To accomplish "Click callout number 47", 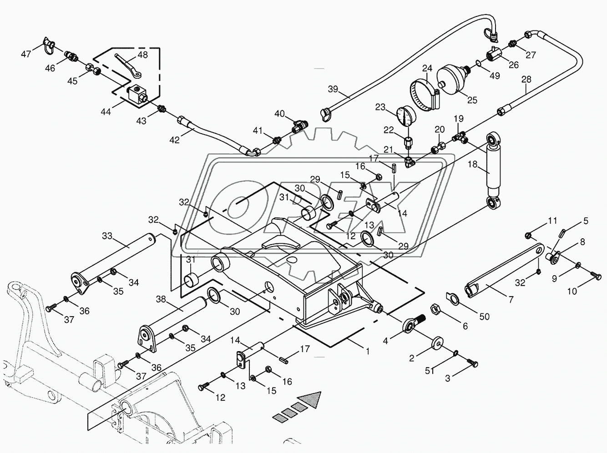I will coord(26,54).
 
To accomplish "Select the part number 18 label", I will coord(473,164).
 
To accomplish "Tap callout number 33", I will coord(107,236).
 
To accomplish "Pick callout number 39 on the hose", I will coord(333,89).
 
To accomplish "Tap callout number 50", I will coord(485,317).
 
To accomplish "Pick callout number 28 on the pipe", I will coord(526,79).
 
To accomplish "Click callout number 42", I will coord(174,140).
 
